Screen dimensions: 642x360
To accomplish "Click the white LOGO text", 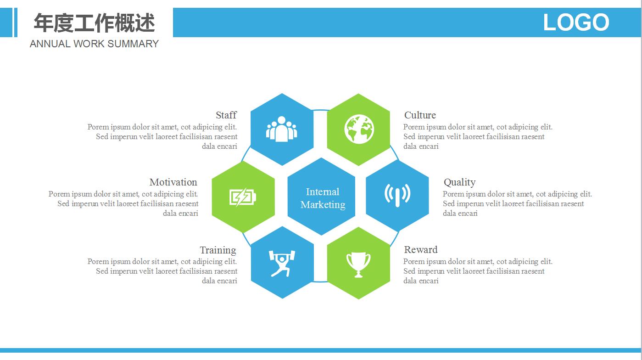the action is tap(576, 22).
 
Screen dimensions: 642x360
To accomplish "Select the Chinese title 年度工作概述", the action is tap(94, 23).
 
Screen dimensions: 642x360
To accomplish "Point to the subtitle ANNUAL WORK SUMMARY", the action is tap(94, 44).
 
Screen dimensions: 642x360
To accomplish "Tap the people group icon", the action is tap(281, 129).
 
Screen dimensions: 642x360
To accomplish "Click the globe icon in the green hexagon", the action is tap(359, 129).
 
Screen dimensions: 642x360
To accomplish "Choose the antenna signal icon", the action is tap(397, 195).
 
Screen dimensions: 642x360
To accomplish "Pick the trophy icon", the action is tap(358, 264).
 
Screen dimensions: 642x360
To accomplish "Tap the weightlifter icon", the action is tap(282, 264).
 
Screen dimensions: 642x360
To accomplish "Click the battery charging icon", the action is tap(242, 197).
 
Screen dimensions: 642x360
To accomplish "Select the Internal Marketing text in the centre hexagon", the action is tap(323, 198).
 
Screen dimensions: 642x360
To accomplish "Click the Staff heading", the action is tap(226, 115).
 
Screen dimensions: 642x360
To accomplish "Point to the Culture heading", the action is tap(420, 115).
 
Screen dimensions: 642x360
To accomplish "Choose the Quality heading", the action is tap(459, 182).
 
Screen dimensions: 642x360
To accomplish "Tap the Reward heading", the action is tap(421, 249).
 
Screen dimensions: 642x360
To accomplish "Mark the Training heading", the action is tap(218, 250).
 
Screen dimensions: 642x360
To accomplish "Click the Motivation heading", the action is tap(173, 182).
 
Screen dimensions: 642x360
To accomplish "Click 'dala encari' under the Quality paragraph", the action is tap(460, 213).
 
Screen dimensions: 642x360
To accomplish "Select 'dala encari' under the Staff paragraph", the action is tap(219, 146).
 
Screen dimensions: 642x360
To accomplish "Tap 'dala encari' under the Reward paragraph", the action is tap(421, 281).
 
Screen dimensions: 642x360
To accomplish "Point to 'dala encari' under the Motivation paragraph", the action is tap(180, 213).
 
